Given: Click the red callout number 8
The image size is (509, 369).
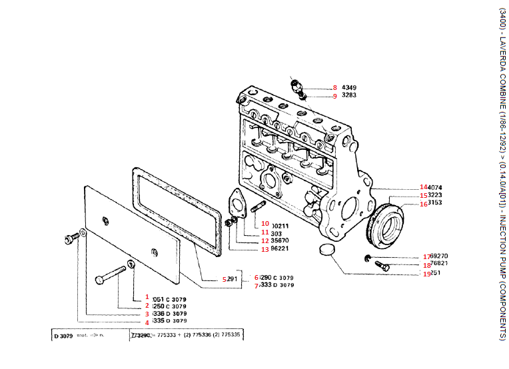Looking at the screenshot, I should pos(335,87).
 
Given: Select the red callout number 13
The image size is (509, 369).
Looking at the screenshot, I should pos(264,250).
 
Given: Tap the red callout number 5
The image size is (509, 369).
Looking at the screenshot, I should pos(225,279).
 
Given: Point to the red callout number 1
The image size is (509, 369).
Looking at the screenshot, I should pos(147,298).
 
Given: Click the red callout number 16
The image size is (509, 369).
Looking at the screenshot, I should pos(424,204).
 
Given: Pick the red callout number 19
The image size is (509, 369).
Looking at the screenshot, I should pos(426,273).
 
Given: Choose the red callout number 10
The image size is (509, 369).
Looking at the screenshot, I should pos(264,224).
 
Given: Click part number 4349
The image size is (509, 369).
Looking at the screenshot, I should pos(350,87).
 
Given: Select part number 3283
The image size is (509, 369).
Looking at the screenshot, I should pos(350,96).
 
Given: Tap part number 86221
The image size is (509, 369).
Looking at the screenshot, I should pos(280,250).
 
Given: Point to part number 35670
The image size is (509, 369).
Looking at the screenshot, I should pos(280,242).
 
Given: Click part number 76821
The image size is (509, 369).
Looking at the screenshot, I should pos(439,264).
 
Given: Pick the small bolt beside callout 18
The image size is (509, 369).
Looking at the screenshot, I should pos(382,266).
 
